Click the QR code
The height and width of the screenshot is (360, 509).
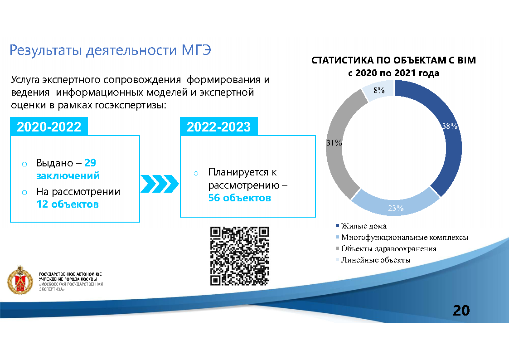tap(240, 256)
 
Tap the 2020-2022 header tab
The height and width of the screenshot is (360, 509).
tap(49, 127)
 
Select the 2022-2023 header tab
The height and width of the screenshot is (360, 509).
tap(218, 127)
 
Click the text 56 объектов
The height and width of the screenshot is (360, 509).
tap(239, 198)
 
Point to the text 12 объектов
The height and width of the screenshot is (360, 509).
tap(68, 204)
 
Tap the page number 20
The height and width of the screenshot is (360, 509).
tap(461, 311)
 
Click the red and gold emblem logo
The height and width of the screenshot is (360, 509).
tap(20, 280)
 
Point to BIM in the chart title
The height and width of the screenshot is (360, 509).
tap(466, 60)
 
